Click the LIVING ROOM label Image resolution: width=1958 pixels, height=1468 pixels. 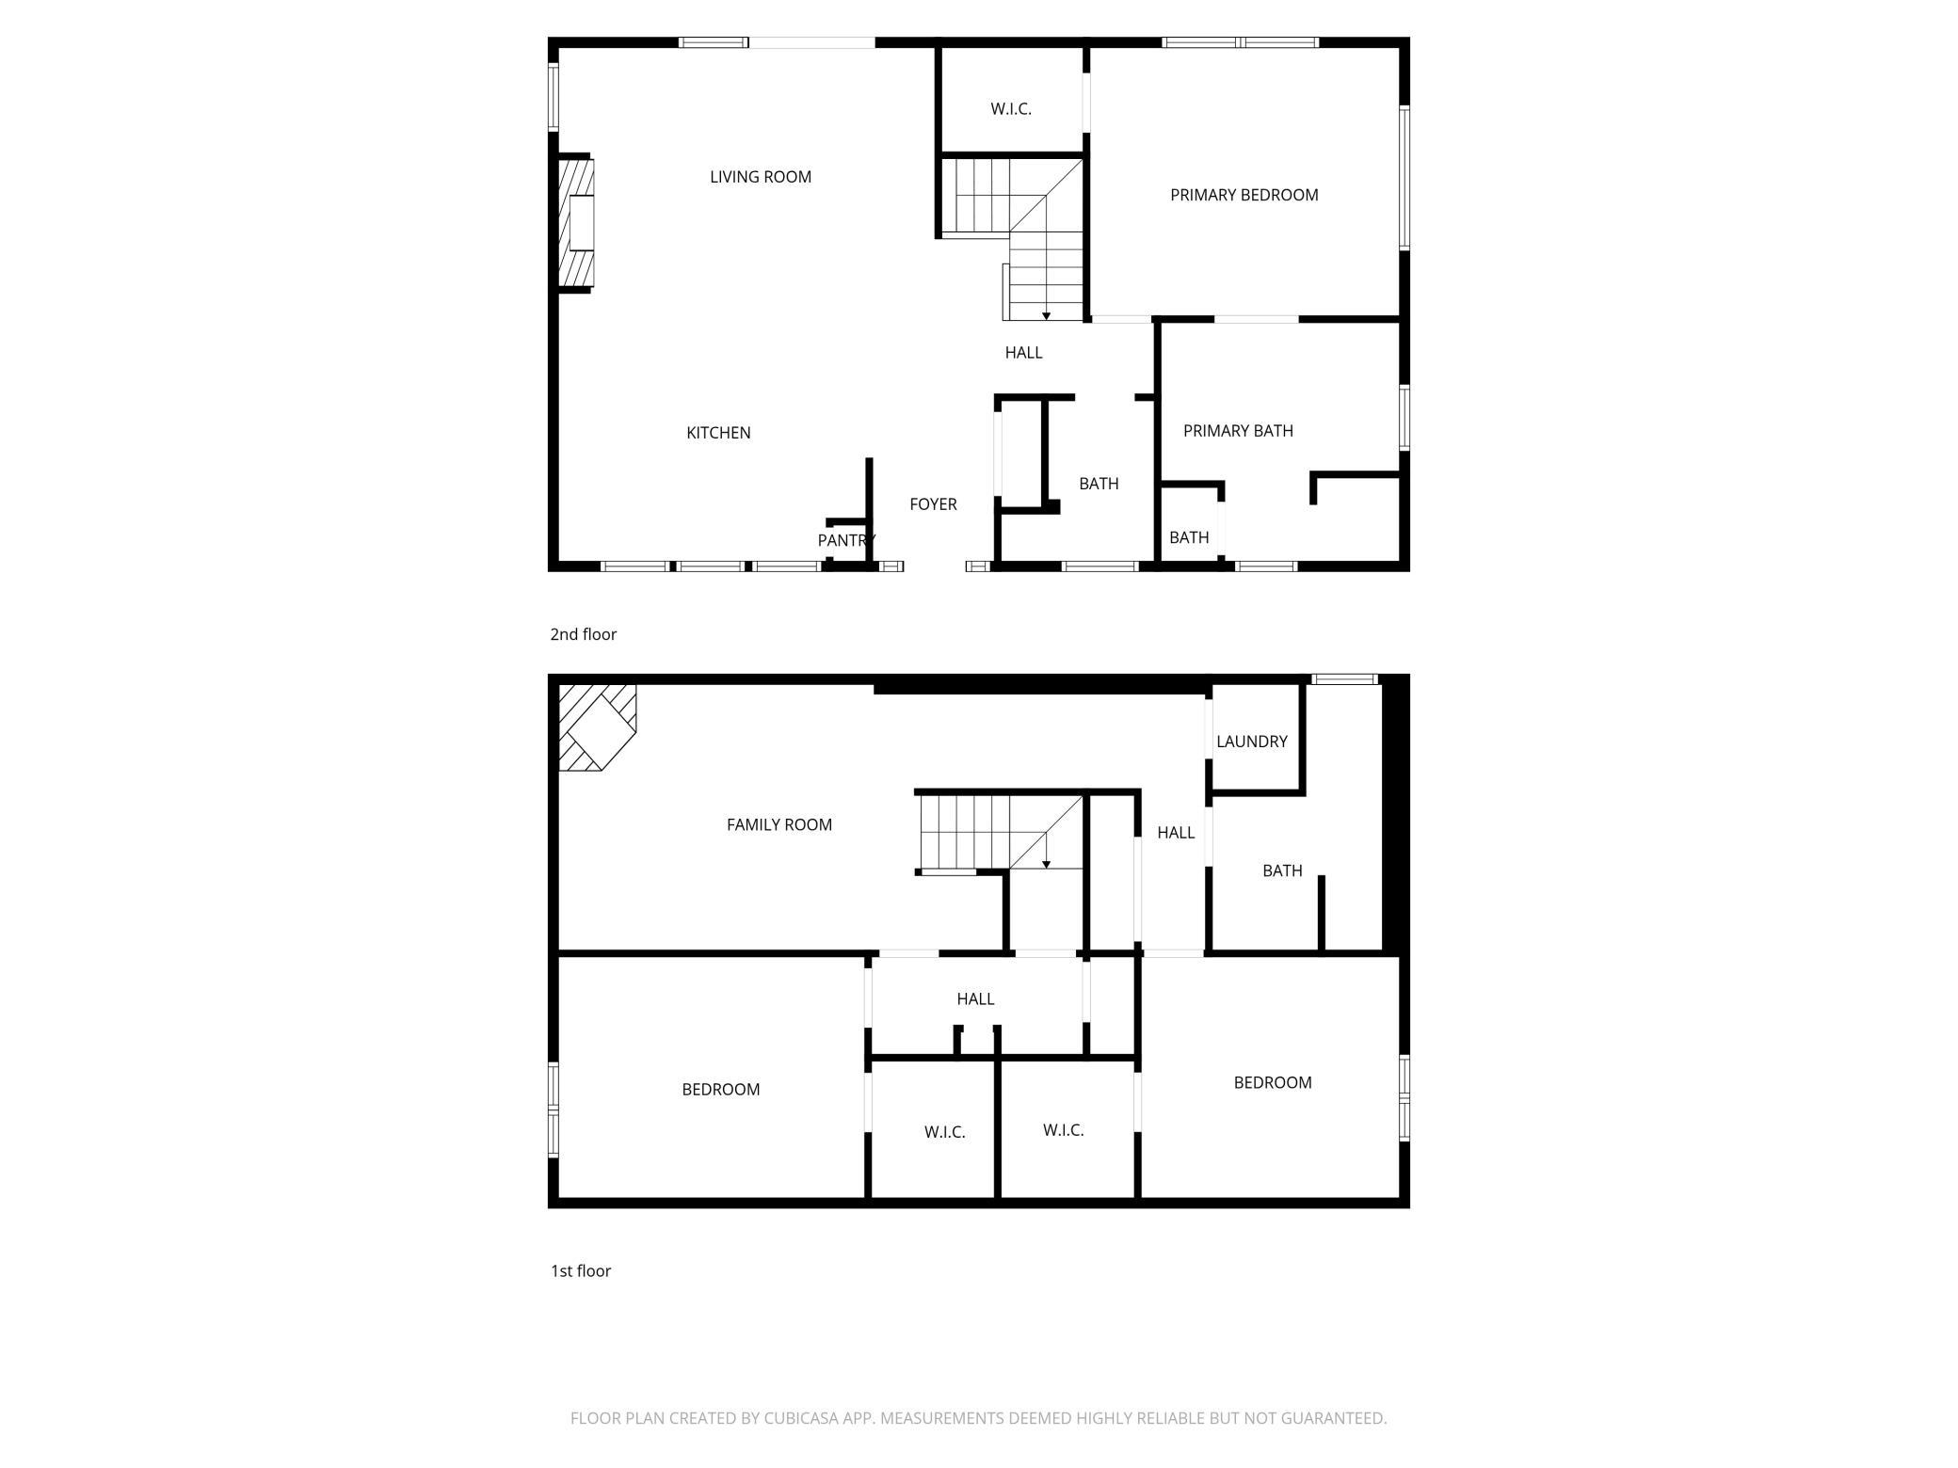761,177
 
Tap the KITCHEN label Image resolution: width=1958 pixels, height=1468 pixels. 718,433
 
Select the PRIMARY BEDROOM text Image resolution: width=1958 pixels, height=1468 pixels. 1244,195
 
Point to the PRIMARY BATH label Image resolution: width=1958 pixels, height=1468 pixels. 1238,431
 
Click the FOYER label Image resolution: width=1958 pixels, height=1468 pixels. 933,504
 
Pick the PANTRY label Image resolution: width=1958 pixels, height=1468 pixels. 846,540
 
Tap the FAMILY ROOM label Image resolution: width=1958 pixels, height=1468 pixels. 779,825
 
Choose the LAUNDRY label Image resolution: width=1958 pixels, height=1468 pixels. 1252,742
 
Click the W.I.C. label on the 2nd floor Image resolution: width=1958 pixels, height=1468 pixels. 1011,109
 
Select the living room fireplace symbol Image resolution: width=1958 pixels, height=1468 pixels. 577,223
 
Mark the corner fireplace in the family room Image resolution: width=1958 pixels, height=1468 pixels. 597,727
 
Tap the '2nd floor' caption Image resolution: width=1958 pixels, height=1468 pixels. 584,634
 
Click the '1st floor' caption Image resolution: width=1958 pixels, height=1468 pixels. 581,1271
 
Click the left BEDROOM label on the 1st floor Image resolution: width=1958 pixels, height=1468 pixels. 721,1090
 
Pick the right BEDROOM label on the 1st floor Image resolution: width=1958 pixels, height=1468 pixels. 1273,1083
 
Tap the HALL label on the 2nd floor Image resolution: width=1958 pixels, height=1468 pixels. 1023,353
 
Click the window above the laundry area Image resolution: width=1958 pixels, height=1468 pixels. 1345,678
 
